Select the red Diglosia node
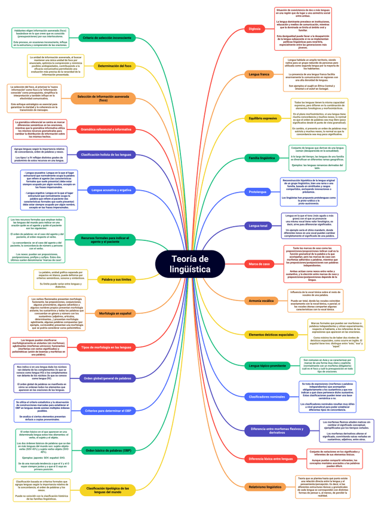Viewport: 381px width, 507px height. [254, 28]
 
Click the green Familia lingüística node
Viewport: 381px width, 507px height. [262, 158]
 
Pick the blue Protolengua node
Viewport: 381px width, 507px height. [258, 192]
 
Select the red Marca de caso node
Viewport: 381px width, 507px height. [259, 264]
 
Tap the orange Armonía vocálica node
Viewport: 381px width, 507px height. [262, 300]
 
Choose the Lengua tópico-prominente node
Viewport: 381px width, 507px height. [267, 365]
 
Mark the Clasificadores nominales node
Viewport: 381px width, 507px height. [266, 397]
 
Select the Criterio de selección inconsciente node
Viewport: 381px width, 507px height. [107, 38]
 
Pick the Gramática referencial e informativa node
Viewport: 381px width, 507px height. [106, 129]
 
